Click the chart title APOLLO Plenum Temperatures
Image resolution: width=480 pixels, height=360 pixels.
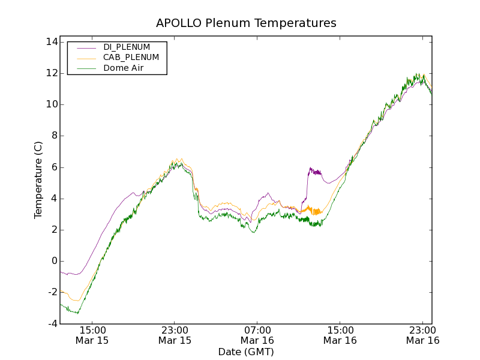tap(246, 23)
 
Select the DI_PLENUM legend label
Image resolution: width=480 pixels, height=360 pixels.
tap(127, 47)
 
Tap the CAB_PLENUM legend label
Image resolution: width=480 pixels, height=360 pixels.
tap(131, 58)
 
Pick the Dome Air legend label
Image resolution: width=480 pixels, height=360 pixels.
tap(124, 68)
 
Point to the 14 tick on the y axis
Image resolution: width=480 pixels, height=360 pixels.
tap(50, 42)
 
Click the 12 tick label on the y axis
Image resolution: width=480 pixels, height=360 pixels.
tap(50, 73)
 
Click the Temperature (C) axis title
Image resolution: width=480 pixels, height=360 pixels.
tap(38, 180)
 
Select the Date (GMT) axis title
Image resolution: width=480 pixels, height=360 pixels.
tap(246, 352)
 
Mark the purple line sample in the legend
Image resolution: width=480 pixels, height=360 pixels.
tap(86, 47)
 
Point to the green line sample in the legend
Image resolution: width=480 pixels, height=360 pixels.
tap(86, 68)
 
